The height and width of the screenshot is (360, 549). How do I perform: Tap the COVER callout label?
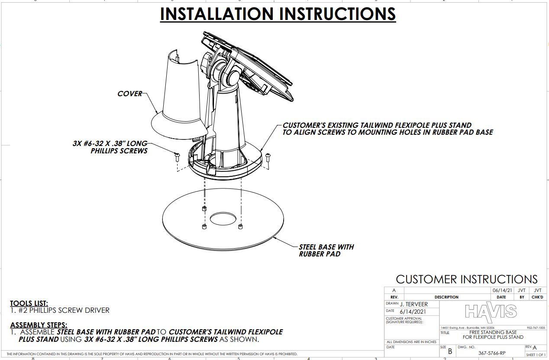pos(129,94)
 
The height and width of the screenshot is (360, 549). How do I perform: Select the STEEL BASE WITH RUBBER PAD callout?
pos(326,250)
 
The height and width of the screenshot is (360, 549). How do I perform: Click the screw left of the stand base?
pos(177,157)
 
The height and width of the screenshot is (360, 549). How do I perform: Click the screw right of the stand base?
pos(268,158)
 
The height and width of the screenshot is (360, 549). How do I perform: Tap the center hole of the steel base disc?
pos(222,219)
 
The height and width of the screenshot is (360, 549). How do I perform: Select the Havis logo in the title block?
pos(491,311)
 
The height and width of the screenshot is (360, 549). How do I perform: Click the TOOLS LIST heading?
pos(29,303)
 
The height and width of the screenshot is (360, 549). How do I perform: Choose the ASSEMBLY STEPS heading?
pos(39,325)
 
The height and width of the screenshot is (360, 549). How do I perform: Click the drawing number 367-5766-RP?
pos(491,353)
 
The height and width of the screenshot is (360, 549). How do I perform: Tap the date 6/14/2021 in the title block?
pos(413,311)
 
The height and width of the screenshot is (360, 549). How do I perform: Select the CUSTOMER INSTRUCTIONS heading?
pos(466,279)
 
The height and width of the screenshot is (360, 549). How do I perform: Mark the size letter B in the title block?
pos(450,352)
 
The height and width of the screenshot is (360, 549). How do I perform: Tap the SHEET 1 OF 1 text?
pos(536,355)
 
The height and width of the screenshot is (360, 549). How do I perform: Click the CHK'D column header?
pos(537,297)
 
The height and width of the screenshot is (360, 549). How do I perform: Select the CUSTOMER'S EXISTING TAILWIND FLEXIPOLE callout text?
pos(377,125)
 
